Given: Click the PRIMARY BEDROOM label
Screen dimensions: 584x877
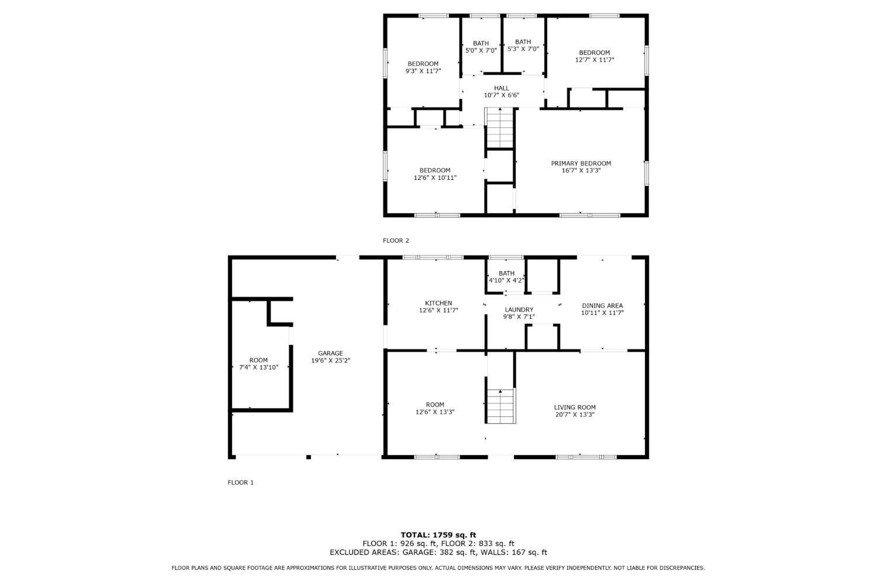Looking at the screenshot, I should pos(581,164).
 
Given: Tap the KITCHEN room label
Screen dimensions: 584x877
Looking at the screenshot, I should pos(438,303).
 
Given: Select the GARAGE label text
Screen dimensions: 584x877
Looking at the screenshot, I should pos(330,353).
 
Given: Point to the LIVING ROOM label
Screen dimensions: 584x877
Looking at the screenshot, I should pos(575,408).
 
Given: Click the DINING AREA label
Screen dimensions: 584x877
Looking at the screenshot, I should pos(602,305).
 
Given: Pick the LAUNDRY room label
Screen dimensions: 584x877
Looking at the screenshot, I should pos(519,310).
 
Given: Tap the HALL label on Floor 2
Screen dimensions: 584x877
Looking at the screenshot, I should pos(501,88).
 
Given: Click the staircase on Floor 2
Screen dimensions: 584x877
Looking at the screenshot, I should pos(500,128).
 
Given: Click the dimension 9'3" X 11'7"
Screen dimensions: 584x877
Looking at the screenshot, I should pos(423,71).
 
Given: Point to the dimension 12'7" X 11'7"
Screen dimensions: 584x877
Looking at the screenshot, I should pos(595,60).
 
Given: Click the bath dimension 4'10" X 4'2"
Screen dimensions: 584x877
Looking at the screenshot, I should pos(506,280).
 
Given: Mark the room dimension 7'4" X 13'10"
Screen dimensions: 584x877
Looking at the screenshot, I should pos(258,367).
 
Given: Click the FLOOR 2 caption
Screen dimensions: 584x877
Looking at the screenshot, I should pos(396,241).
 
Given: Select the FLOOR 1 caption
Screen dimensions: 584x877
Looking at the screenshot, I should pos(240,482).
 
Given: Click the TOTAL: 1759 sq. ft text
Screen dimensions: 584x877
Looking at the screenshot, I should pos(438,534).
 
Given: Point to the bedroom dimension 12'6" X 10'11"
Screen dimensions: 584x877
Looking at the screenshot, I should pos(435,178).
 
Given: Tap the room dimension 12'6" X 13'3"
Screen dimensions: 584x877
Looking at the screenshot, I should pos(435,412).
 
